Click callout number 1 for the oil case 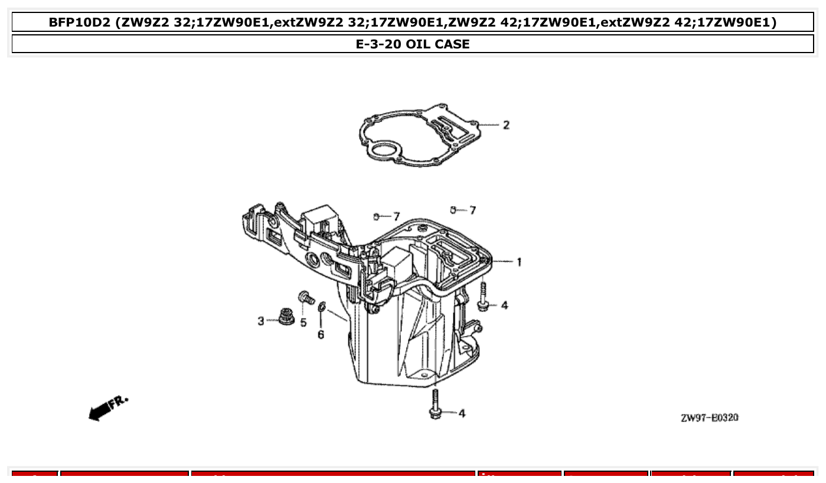pos(519,262)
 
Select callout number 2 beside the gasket pos(506,125)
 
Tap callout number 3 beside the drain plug pos(261,321)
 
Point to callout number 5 pos(303,322)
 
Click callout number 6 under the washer pos(321,335)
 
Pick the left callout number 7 pos(397,217)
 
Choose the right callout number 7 pos(472,210)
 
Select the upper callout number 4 pos(504,305)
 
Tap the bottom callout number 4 pos(462,413)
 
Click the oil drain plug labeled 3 pos(287,317)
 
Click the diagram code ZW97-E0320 pos(709,418)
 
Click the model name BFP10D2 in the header pos(79,22)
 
